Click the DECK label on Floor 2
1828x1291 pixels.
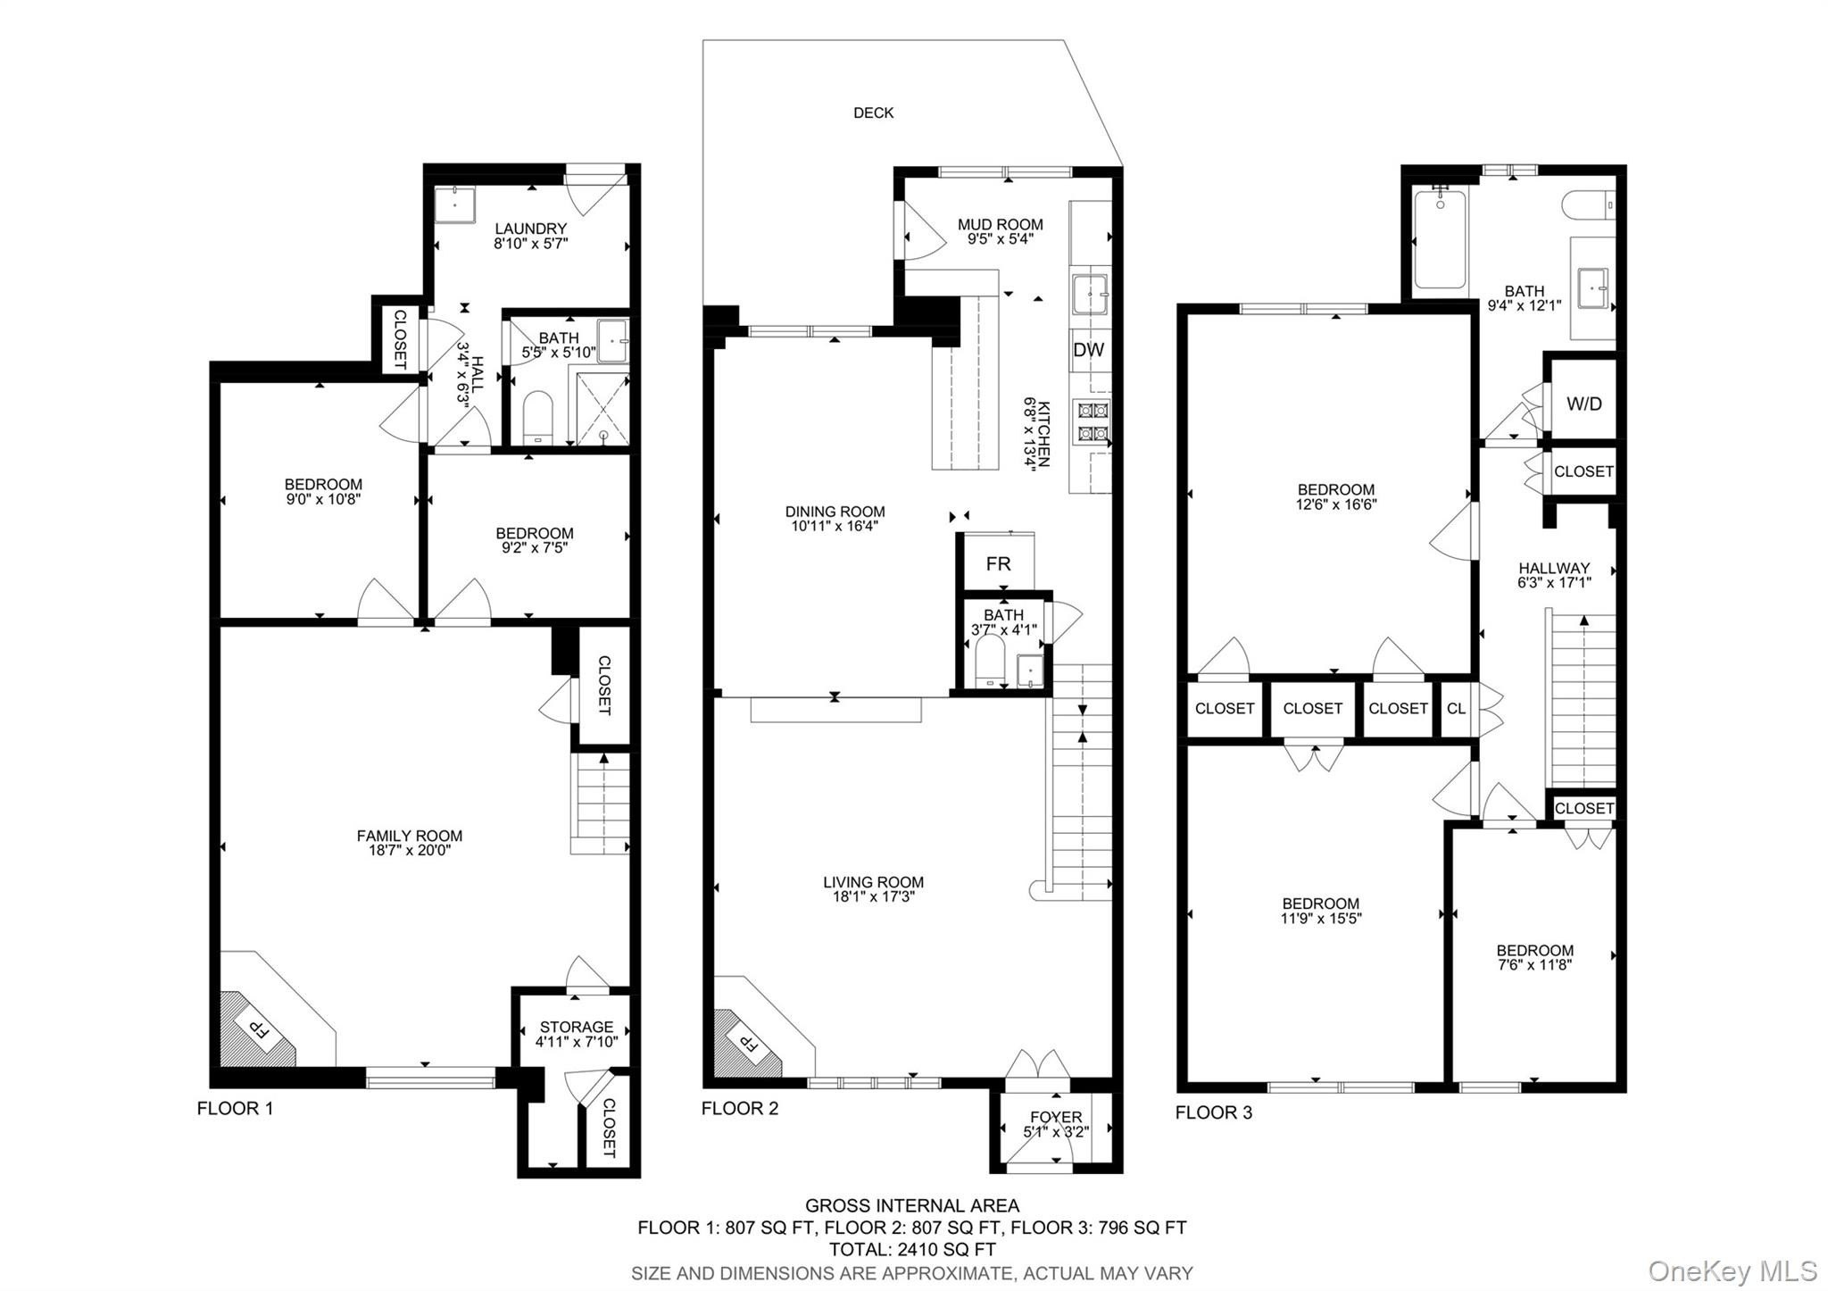tap(873, 112)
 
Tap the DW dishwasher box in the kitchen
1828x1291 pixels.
tap(1089, 350)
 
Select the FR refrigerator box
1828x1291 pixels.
tap(998, 563)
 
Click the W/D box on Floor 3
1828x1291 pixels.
tap(1583, 404)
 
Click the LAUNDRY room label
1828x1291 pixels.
tap(531, 229)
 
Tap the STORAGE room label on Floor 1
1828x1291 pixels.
tap(577, 1027)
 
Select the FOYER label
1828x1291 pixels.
tap(1056, 1117)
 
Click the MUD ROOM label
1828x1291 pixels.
tap(1000, 225)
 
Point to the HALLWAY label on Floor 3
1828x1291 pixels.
tap(1554, 568)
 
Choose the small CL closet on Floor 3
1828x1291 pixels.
tap(1456, 709)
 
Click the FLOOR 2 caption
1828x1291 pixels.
tap(740, 1109)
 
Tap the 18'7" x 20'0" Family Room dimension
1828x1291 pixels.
tap(410, 851)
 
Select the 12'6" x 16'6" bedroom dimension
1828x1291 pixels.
tap(1336, 504)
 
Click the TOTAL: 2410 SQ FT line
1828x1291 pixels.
tap(911, 1250)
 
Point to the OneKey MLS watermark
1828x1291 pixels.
tap(1732, 1270)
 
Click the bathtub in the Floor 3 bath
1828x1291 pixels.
tap(1440, 237)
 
